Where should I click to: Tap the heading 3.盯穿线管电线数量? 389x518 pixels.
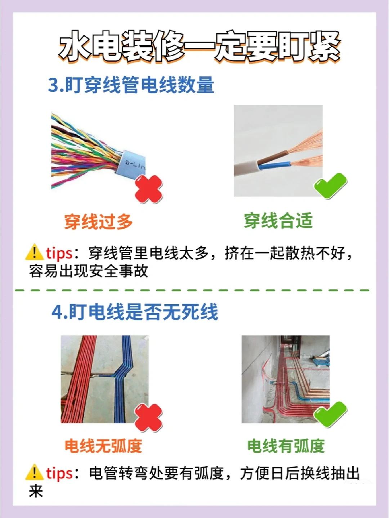(131, 85)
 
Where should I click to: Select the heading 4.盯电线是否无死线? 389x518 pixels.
(135, 312)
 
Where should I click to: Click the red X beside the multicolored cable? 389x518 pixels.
(149, 189)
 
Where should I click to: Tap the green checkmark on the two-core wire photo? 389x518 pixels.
(330, 185)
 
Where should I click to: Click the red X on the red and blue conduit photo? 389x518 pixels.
(149, 418)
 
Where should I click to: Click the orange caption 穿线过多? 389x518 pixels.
(98, 221)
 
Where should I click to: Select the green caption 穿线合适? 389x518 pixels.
(278, 221)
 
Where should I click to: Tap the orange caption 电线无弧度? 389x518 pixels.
(103, 446)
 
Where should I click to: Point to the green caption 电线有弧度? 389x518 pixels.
(286, 446)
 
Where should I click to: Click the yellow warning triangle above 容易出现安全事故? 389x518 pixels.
(35, 252)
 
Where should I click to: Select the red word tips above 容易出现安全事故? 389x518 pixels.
(59, 253)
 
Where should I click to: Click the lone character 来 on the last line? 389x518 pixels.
(36, 491)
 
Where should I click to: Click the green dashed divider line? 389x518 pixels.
(192, 290)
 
